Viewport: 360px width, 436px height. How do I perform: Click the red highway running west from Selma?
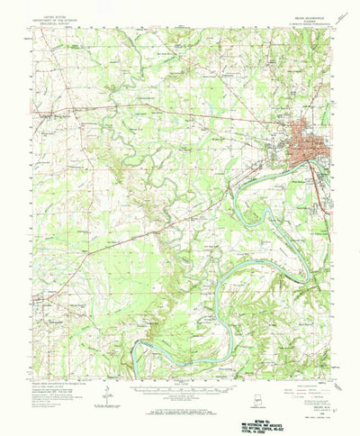pos(180,114)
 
